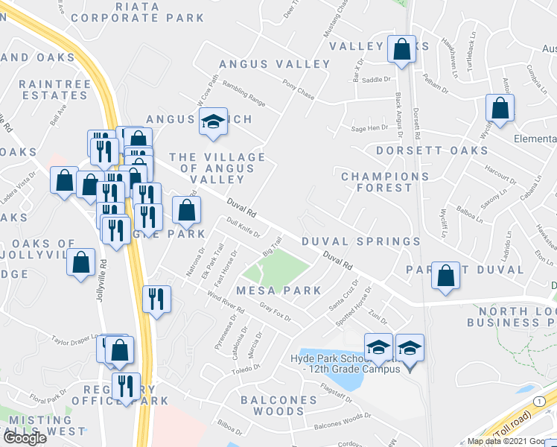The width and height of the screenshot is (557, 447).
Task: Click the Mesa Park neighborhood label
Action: [x=278, y=291]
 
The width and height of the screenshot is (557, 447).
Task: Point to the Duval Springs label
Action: [x=361, y=241]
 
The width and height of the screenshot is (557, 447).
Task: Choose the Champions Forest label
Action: [x=385, y=182]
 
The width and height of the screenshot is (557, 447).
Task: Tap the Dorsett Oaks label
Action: [x=431, y=150]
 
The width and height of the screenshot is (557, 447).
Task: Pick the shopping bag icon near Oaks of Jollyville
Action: [x=80, y=263]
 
